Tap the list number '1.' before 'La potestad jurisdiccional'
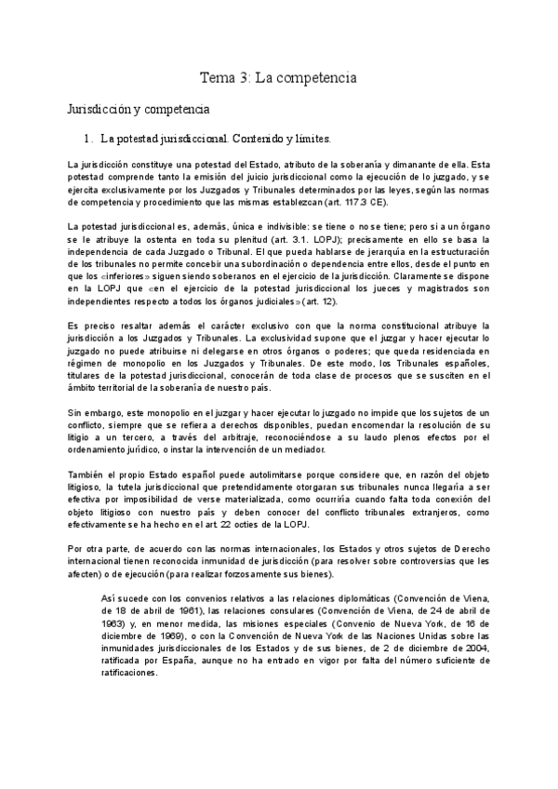pyautogui.click(x=89, y=140)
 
